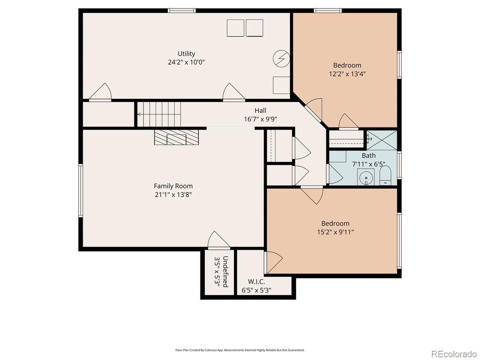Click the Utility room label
[186, 54]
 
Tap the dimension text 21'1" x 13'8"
[173, 194]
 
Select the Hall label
[260, 110]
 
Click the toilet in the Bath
[385, 176]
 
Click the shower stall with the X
[382, 140]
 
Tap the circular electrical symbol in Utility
[282, 59]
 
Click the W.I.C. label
[256, 281]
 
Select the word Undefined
[226, 272]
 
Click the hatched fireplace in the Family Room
[176, 137]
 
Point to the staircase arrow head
[139, 114]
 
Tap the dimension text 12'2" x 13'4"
[347, 74]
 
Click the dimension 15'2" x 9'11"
[335, 232]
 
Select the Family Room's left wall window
[81, 190]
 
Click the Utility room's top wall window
[182, 10]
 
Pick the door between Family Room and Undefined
[219, 240]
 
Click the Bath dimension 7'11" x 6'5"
[368, 164]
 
